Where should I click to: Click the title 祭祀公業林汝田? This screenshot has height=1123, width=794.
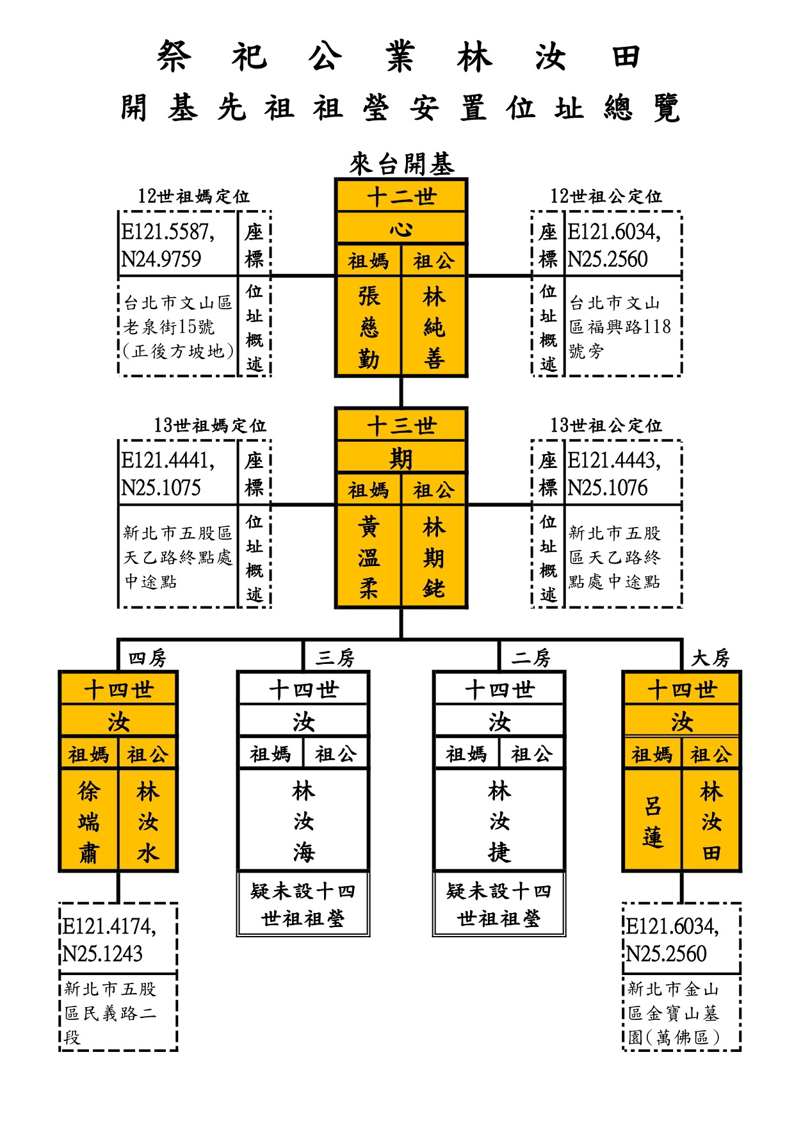[x=398, y=56]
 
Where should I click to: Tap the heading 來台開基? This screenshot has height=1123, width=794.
[x=401, y=164]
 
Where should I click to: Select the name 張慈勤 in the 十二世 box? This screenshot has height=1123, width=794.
[x=369, y=328]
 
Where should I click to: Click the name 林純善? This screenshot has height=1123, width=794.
[x=434, y=328]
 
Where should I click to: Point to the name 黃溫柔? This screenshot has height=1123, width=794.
[x=369, y=558]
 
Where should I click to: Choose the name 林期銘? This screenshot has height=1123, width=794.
[x=434, y=558]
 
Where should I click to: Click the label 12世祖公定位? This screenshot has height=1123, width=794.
[x=606, y=197]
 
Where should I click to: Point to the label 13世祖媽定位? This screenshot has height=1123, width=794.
[x=209, y=426]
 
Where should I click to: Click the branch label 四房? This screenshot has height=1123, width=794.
[x=147, y=658]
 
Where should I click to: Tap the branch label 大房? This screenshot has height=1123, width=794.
[x=711, y=658]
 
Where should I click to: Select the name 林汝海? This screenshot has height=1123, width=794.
[x=304, y=822]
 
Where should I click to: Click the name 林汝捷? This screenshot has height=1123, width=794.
[x=499, y=822]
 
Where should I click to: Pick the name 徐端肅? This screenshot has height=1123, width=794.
[x=89, y=822]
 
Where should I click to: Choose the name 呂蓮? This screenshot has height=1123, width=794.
[x=652, y=822]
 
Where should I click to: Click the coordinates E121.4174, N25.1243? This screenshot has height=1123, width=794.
[x=109, y=940]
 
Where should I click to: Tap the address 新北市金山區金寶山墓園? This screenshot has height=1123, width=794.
[x=674, y=1013]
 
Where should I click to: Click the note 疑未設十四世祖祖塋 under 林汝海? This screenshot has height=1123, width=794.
[x=303, y=905]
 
